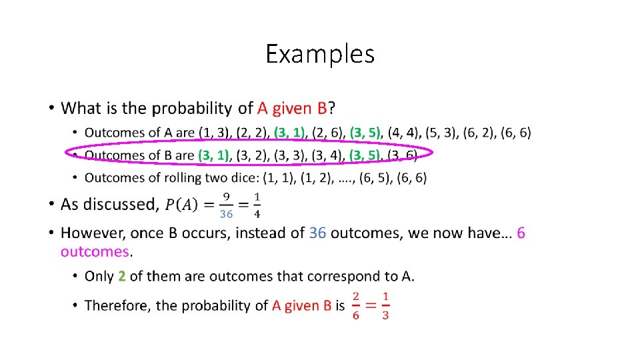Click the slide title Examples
pyautogui.click(x=320, y=53)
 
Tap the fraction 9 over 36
pyautogui.click(x=227, y=205)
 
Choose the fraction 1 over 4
pyautogui.click(x=257, y=205)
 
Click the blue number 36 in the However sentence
pyautogui.click(x=317, y=233)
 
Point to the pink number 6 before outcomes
pyautogui.click(x=521, y=233)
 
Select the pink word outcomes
pyautogui.click(x=95, y=251)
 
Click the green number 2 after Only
pyautogui.click(x=122, y=276)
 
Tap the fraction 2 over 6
pyautogui.click(x=356, y=305)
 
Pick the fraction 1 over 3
pyautogui.click(x=385, y=305)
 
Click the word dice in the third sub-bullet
pyautogui.click(x=243, y=177)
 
